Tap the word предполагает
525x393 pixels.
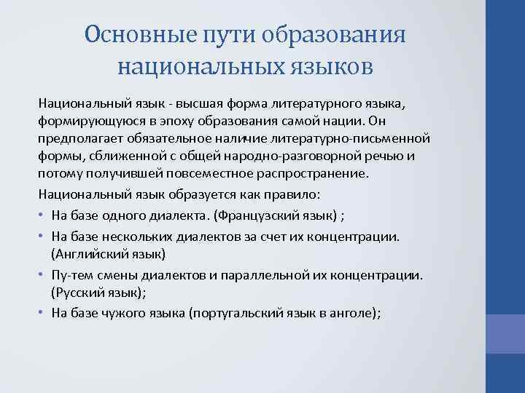click(x=79, y=138)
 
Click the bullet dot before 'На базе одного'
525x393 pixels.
click(x=43, y=216)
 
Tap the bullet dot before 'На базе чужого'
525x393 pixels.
click(x=43, y=312)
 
